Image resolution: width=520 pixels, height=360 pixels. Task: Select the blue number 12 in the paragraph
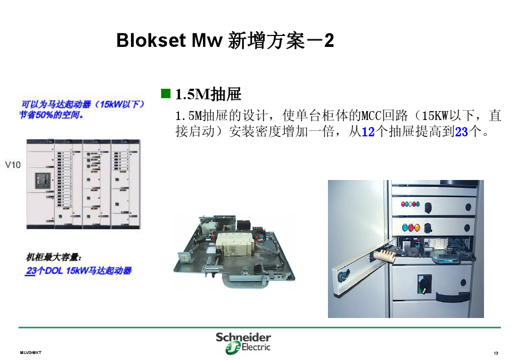368,131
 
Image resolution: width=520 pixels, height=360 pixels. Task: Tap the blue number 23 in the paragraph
462,131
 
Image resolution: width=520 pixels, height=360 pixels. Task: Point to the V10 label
13,164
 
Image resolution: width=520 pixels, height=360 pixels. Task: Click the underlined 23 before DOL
31,271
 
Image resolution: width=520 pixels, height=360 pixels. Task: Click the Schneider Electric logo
244,343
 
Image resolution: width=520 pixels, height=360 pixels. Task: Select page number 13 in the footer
496,353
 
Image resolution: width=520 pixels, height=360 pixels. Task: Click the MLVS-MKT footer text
31,353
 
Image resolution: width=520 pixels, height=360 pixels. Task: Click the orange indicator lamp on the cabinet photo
417,227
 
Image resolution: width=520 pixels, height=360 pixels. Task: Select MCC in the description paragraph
372,116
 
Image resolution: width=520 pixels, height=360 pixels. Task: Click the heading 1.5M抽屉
208,94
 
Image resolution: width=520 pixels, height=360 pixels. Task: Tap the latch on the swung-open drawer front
342,276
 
